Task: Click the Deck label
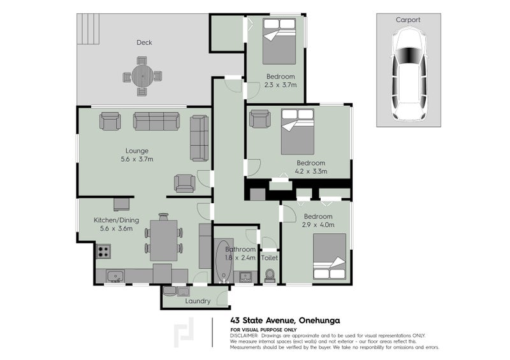click(144, 42)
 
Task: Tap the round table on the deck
click(142, 76)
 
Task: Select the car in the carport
click(409, 75)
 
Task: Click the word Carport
click(408, 20)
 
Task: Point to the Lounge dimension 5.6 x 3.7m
click(137, 159)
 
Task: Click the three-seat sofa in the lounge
click(156, 121)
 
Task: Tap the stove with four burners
click(103, 252)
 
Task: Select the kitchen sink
click(115, 276)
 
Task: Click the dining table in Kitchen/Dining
click(164, 240)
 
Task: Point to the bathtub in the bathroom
click(224, 261)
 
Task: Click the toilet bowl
click(270, 276)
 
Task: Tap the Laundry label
click(198, 301)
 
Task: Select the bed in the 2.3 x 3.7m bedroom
click(279, 41)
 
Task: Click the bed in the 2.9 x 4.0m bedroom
click(330, 257)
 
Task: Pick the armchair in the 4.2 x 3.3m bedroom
click(260, 119)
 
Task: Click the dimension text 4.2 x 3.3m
click(311, 171)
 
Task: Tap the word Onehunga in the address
click(319, 320)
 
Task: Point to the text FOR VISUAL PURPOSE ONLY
click(263, 330)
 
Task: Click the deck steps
click(88, 29)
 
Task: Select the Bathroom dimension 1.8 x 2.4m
click(240, 258)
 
